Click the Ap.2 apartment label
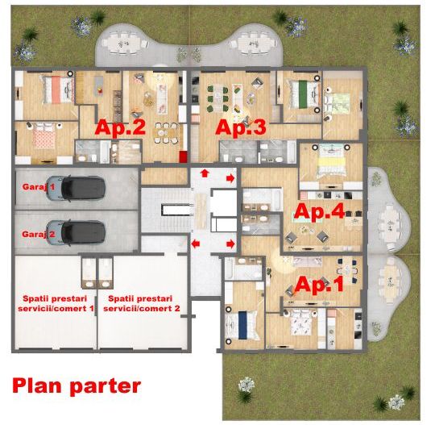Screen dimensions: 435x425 point(120,127)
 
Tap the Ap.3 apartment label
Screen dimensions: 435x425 point(241,127)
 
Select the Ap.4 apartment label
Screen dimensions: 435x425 point(319,211)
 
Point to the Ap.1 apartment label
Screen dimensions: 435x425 point(319,285)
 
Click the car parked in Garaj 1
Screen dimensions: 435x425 point(76,188)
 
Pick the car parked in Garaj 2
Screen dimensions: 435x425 point(76,233)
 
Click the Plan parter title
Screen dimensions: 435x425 point(77,386)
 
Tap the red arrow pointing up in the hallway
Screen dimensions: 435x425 point(205,173)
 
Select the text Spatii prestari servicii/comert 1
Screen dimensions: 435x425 point(56,303)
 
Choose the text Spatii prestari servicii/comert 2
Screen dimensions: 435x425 point(141,303)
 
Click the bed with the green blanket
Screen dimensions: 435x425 point(303,94)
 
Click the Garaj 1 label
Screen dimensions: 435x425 point(39,186)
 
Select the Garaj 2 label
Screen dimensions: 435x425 point(39,234)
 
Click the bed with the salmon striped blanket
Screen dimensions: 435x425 point(58,90)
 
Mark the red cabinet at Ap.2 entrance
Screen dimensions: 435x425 point(183,157)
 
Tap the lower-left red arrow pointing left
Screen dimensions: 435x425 point(196,244)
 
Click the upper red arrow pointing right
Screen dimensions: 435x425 point(230,178)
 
